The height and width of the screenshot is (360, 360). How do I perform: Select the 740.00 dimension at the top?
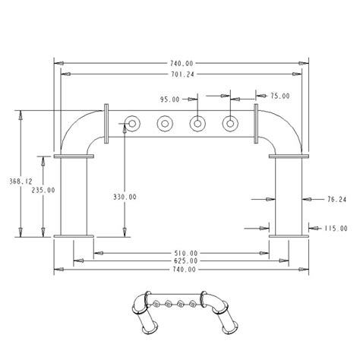click(181, 63)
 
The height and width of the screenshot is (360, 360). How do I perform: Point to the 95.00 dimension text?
click(170, 99)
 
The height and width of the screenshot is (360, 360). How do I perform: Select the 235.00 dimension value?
click(43, 191)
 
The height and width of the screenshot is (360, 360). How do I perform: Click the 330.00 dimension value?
click(125, 197)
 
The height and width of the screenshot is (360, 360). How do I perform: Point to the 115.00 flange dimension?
click(335, 227)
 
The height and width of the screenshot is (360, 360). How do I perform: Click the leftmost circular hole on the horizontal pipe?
click(131, 123)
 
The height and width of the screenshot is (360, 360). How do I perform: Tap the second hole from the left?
click(163, 123)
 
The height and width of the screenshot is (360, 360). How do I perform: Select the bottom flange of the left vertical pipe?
click(74, 235)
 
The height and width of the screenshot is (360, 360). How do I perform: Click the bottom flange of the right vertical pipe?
click(288, 235)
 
